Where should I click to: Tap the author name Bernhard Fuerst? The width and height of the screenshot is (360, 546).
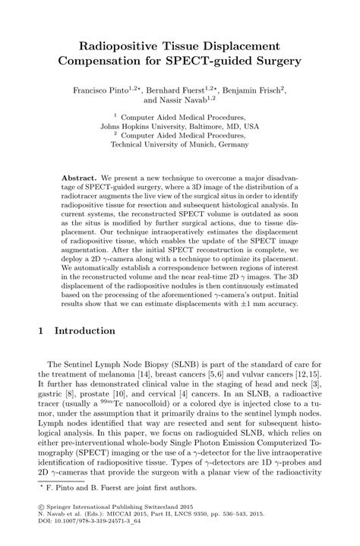tap(181, 89)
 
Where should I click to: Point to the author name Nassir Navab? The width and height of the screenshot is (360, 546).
tap(182, 99)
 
